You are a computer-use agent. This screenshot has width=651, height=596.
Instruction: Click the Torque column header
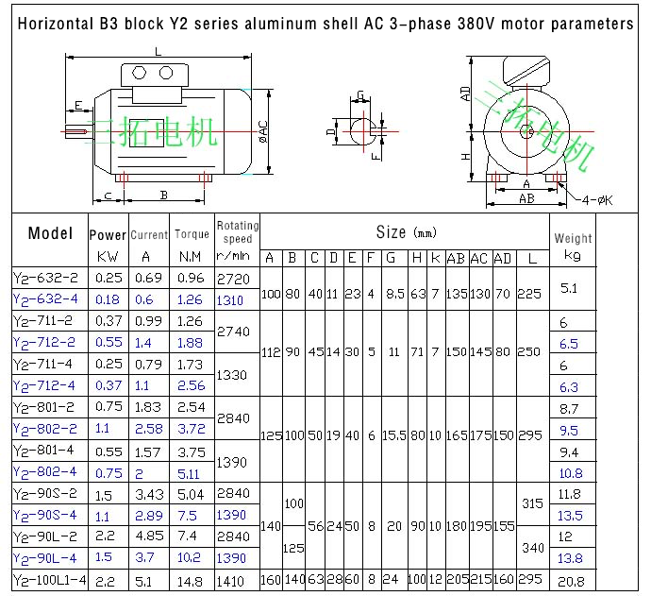pos(192,234)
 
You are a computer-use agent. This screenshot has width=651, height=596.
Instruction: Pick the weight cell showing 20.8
pos(571,581)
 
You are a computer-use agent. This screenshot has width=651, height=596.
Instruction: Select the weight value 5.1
pos(570,287)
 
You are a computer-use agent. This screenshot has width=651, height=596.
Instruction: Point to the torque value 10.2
pos(191,558)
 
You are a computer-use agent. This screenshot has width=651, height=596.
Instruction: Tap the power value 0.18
pos(108,300)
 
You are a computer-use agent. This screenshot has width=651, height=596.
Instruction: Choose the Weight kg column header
pos(573,246)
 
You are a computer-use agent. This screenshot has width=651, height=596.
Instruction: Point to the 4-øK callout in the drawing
pos(596,199)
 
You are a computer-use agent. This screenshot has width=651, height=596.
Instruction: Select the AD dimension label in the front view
pos(465,93)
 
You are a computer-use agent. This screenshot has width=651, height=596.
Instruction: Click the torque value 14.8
pos(192,581)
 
